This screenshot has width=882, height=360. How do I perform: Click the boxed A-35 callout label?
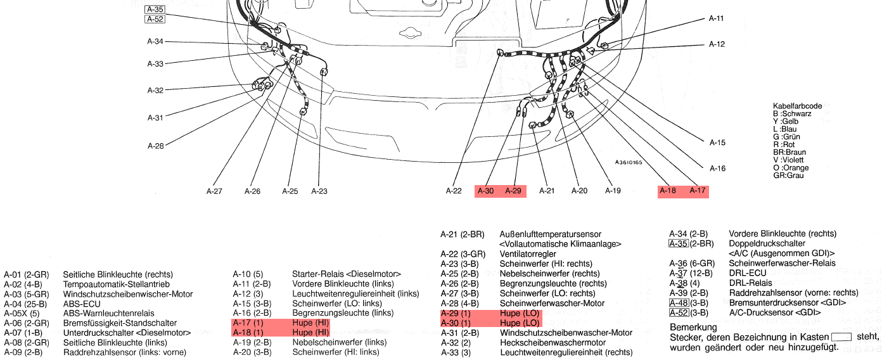point(155,10)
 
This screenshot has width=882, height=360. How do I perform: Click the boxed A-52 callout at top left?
point(155,19)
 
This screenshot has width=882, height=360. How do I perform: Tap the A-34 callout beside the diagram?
point(155,42)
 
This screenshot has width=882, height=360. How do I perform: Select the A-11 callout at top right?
point(716,19)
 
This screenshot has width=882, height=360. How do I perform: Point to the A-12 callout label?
point(717,44)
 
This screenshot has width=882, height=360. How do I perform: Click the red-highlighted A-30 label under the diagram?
point(486,191)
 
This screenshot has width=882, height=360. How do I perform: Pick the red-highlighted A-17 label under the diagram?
point(698,191)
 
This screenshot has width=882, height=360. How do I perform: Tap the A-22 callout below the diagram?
point(454,191)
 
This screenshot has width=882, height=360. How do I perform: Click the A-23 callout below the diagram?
point(319,191)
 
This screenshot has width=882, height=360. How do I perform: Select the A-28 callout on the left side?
point(156,146)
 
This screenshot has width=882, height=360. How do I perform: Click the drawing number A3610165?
point(629,162)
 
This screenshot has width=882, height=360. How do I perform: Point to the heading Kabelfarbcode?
point(797,106)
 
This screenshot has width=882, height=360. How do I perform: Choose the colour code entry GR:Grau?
point(788,176)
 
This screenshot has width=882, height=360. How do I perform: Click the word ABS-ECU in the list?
point(82,304)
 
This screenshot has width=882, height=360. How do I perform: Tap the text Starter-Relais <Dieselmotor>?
point(346,274)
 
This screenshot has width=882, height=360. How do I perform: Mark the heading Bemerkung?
point(693,328)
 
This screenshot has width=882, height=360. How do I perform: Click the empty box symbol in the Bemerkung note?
point(841,337)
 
